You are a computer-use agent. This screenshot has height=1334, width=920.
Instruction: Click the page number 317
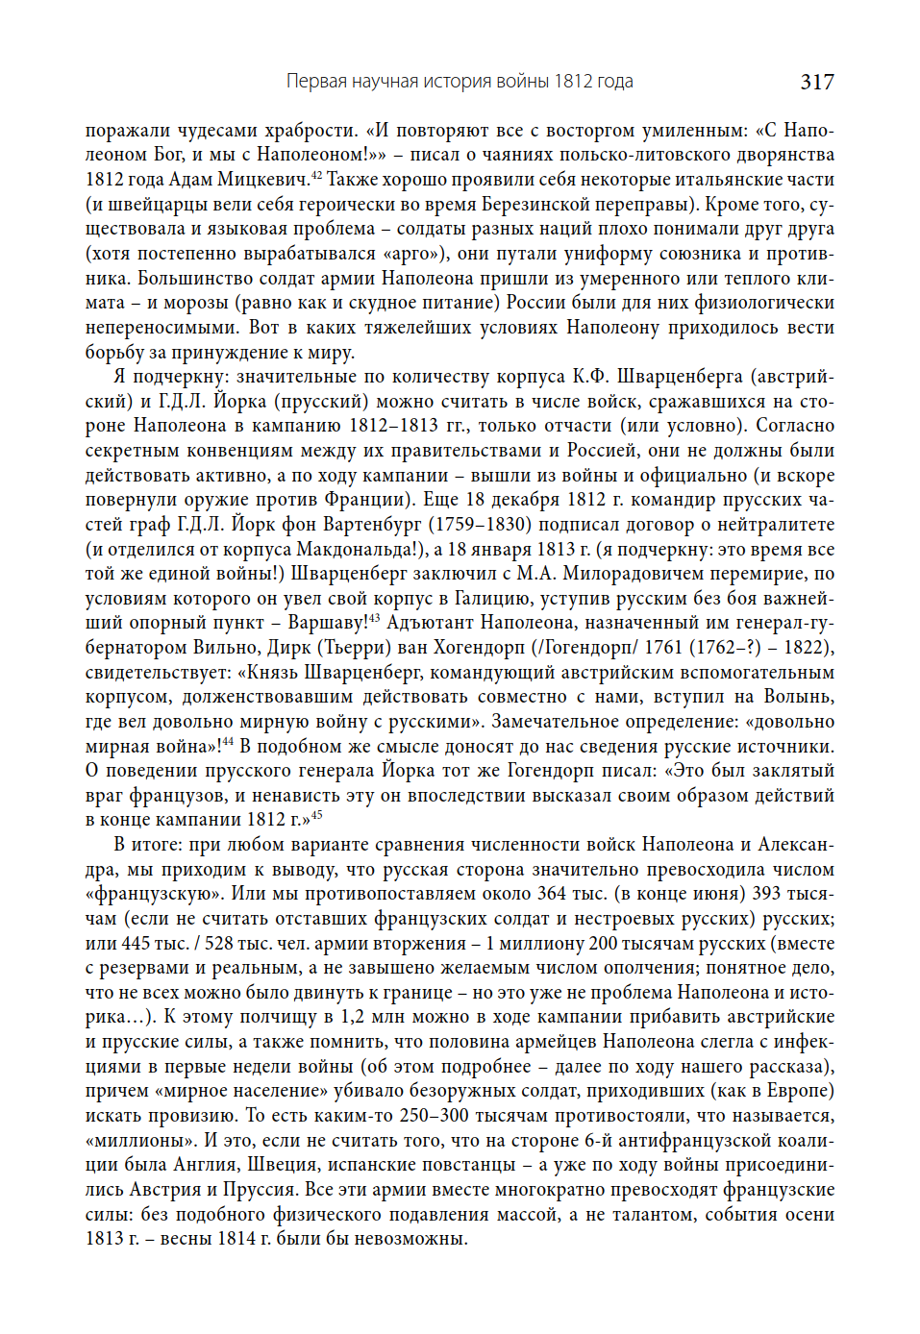pyautogui.click(x=816, y=82)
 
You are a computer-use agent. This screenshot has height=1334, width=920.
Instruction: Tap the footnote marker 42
pyautogui.click(x=315, y=175)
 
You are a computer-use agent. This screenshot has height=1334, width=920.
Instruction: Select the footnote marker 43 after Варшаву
pyautogui.click(x=374, y=618)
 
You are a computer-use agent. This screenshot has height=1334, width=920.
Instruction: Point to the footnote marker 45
pyautogui.click(x=317, y=815)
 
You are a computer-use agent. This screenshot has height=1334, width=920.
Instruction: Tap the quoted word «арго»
pyautogui.click(x=410, y=254)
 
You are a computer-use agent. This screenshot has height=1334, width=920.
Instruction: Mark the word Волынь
pyautogui.click(x=798, y=697)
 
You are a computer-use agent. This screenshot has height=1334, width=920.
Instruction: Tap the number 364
pyautogui.click(x=552, y=894)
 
